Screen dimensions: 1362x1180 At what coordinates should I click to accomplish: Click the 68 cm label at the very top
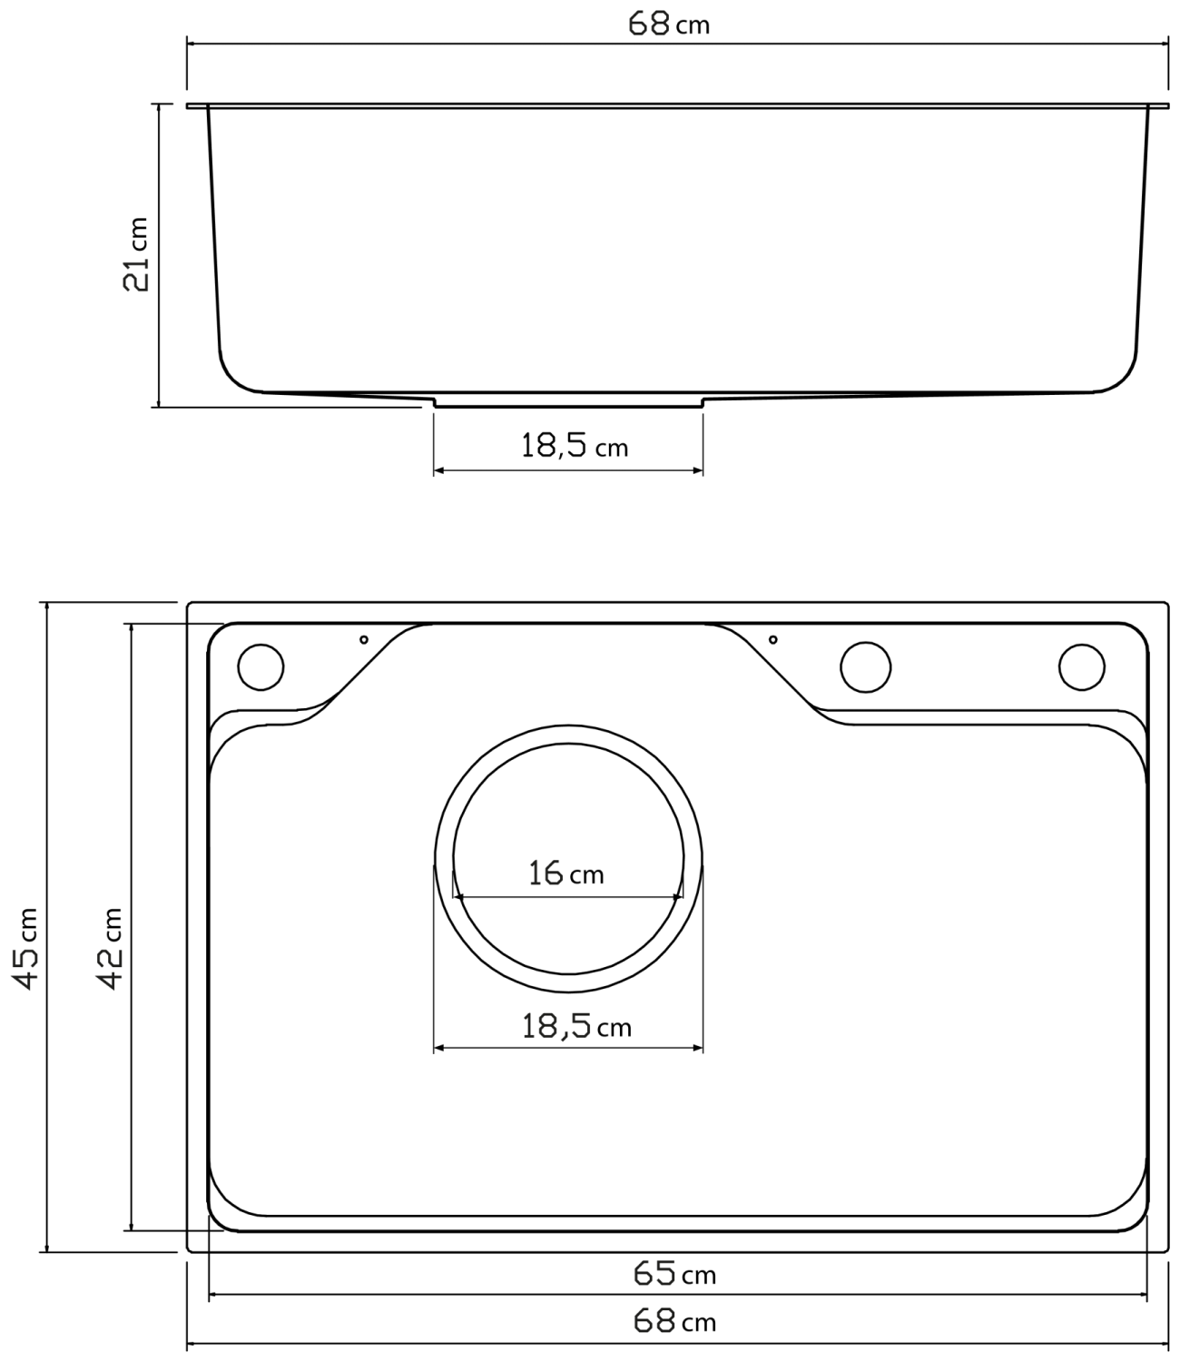click(669, 24)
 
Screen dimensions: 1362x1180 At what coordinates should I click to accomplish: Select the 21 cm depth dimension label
click(136, 253)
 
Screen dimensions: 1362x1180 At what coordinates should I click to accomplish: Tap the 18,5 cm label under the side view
click(574, 446)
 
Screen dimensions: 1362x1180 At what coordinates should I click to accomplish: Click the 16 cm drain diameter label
click(566, 873)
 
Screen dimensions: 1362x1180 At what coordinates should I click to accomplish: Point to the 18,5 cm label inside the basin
click(575, 1026)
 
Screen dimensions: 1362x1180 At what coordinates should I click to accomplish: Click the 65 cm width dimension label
click(674, 1274)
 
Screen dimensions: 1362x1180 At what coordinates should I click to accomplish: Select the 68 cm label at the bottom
click(674, 1321)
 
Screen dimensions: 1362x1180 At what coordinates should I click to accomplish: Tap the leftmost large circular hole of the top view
click(261, 666)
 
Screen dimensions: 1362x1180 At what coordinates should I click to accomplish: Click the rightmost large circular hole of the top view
click(1081, 666)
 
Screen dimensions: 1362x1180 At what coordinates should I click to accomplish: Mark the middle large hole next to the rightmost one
click(865, 666)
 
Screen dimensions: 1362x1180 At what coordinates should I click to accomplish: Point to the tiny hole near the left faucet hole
click(364, 639)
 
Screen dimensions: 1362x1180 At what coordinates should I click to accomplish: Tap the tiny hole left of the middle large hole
click(772, 639)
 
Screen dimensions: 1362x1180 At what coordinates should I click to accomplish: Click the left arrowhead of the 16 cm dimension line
click(457, 897)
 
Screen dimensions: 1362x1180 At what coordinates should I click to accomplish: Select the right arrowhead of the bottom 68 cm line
click(1163, 1343)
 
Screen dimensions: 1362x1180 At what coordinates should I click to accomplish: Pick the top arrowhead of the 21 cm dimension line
click(160, 108)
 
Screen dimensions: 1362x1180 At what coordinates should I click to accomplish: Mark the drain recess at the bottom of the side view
click(568, 403)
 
